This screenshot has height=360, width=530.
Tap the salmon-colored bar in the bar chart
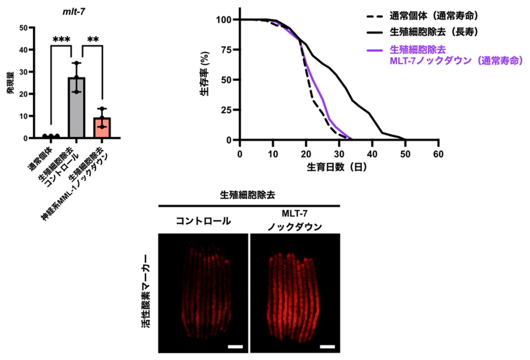coord(102,127)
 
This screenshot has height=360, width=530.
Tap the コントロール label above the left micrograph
coord(203,222)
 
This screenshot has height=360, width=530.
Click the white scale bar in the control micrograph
coord(235,346)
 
